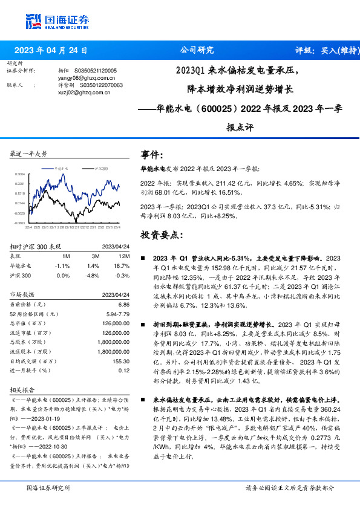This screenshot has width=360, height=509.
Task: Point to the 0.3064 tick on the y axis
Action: click(19, 174)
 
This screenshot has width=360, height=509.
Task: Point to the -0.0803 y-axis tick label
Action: click(19, 222)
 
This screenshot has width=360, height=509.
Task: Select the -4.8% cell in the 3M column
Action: click(93, 275)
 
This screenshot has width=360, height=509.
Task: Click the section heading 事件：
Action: click(152, 155)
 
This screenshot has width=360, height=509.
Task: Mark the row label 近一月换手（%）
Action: click(32, 370)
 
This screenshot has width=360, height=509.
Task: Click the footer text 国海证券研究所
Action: click(48, 488)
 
